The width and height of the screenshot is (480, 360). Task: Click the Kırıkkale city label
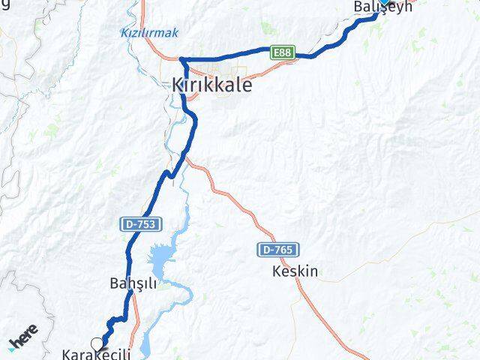coord(211,85)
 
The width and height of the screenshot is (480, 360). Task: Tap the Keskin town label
coord(295,271)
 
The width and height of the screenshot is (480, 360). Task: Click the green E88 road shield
coord(282,52)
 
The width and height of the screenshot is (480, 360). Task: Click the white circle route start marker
coord(96,343)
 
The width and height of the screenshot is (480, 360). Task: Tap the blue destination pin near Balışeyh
coord(384,2)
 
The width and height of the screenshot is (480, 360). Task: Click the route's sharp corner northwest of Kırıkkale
coord(181,59)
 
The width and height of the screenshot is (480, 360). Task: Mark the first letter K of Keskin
coord(277,271)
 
